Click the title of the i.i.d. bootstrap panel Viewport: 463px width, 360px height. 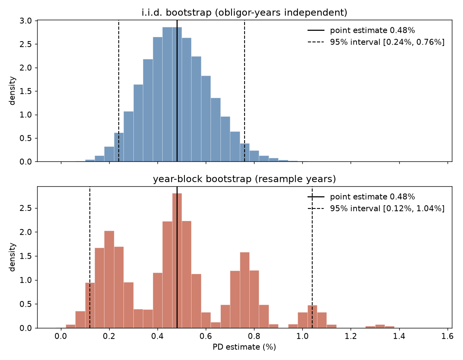pos(244,12)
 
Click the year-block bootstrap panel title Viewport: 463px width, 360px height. pos(244,179)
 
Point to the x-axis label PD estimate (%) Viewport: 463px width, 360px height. pos(244,347)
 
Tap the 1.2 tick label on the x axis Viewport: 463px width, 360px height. pos(351,336)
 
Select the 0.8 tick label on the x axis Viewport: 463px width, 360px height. pos(254,336)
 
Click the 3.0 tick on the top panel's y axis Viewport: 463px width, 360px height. pos(26,21)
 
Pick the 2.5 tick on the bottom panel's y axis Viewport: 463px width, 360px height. pos(26,208)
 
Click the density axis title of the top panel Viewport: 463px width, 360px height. pos(12,91)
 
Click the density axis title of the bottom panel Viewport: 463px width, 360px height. pos(12,257)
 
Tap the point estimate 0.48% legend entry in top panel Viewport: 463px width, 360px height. pos(361,30)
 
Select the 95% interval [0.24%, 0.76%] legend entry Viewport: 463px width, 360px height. pos(376,42)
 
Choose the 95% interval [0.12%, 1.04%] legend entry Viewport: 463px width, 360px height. pos(376,208)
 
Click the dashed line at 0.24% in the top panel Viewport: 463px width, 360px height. pos(119,91)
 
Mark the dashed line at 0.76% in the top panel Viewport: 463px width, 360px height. pos(245,91)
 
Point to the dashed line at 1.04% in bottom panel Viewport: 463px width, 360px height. pos(312,257)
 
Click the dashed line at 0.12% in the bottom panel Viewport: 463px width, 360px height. pos(90,257)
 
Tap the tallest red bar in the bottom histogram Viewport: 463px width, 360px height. pos(177,261)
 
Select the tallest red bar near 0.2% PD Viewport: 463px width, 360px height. pos(109,279)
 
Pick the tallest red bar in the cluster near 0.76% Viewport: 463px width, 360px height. pos(245,290)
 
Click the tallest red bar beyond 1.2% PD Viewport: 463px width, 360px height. pos(380,326)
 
